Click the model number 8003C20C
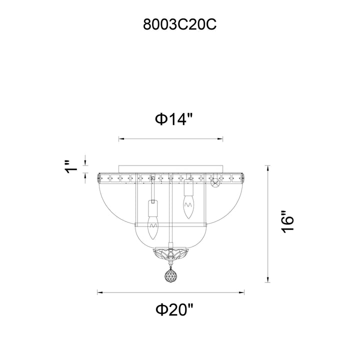pyautogui.click(x=179, y=24)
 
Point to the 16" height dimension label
pyautogui.click(x=287, y=222)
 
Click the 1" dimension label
pyautogui.click(x=70, y=167)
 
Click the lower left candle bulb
pyautogui.click(x=153, y=228)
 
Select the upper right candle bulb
pyautogui.click(x=188, y=206)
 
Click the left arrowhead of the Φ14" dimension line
pyautogui.click(x=121, y=139)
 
